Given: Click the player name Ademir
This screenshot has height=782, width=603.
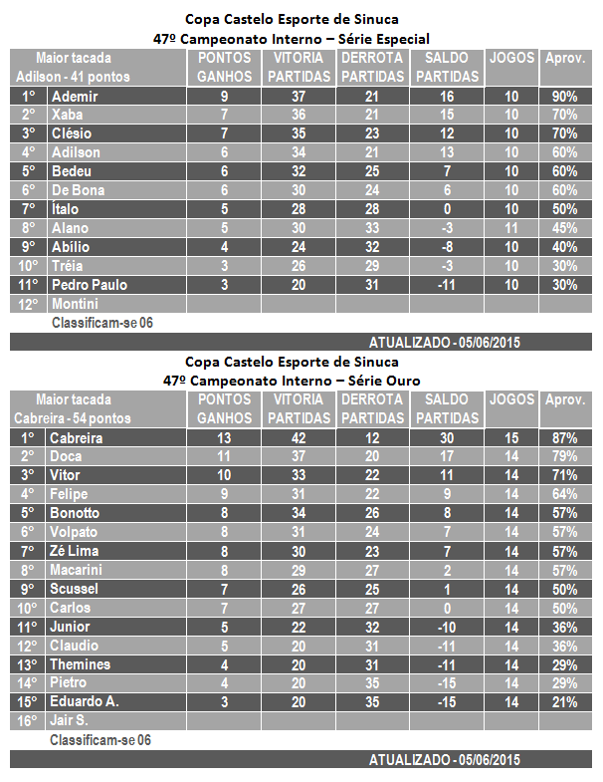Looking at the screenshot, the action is coord(75,97).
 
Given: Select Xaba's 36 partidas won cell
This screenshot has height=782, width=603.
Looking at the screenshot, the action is coord(299,115).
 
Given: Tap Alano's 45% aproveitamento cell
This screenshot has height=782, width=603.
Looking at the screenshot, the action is coord(565,228).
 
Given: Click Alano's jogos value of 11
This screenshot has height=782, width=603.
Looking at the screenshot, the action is coord(511,228).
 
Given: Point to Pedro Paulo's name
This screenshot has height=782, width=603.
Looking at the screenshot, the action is coord(90,285).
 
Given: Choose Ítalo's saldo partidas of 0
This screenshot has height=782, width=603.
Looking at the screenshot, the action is coord(447,209).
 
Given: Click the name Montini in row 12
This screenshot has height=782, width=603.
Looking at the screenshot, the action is coord(75,304).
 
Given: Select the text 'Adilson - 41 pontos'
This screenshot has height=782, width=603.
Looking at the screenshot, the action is coord(73,77).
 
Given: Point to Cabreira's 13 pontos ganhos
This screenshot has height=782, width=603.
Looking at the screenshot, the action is coord(224,438).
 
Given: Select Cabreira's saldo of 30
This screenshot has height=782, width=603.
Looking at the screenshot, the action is coord(447,438).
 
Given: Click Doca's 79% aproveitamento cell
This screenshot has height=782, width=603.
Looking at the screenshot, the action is coord(565,456).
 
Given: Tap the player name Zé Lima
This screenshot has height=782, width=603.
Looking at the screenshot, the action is coord(75,551).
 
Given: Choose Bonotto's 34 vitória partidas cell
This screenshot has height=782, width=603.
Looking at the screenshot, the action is coord(299,513).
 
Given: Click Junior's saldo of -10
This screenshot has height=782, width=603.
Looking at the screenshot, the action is coord(447,627).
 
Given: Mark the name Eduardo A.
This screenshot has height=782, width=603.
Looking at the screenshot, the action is coord(85,701).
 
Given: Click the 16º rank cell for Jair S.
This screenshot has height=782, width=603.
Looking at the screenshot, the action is coord(28,720).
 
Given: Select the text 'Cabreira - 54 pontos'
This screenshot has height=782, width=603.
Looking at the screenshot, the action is coord(73,418).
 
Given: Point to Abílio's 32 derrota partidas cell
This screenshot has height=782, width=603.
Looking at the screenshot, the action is coord(372,247).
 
